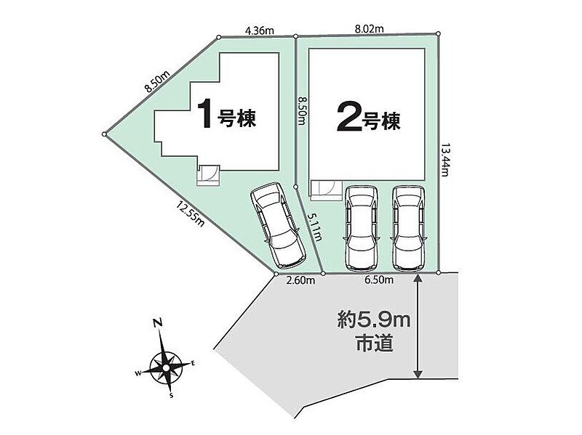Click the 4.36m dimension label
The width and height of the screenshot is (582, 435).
(260, 31)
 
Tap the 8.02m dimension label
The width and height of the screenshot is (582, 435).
(369, 28)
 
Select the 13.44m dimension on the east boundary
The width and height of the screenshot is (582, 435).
(445, 160)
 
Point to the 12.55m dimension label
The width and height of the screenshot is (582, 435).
(191, 214)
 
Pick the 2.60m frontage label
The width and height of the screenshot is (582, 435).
(301, 280)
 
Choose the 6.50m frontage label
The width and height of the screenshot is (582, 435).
(379, 280)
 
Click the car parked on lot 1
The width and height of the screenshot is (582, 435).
(278, 225)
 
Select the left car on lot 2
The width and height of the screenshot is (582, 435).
(361, 227)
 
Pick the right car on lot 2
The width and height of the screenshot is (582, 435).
(408, 227)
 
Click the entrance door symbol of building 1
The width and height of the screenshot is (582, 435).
(208, 174)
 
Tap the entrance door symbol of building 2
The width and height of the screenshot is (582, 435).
(325, 190)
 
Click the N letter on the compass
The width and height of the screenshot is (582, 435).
(158, 323)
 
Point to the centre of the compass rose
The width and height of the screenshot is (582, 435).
(167, 367)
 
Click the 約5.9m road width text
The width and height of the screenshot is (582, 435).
(374, 320)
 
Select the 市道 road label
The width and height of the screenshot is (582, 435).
(374, 343)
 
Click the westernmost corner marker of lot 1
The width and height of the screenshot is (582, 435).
(105, 134)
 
